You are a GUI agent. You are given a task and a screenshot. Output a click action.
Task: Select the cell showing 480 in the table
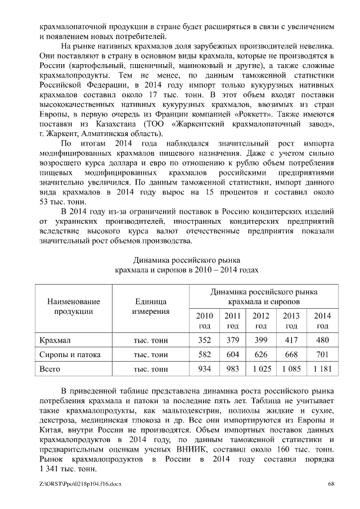tap(322, 340)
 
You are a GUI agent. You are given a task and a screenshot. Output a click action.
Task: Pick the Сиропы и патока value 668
tap(291, 355)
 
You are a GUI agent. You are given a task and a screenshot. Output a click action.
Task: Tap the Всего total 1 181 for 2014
tap(322, 370)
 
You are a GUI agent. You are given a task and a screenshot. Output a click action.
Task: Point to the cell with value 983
tap(232, 370)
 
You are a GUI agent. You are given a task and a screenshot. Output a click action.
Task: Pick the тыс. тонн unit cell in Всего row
tap(151, 370)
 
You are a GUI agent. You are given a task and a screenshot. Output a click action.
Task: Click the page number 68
tap(331, 484)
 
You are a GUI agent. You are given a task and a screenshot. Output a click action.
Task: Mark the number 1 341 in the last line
tap(51, 469)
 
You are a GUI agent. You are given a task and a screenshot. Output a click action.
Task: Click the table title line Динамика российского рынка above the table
tap(186, 260)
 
